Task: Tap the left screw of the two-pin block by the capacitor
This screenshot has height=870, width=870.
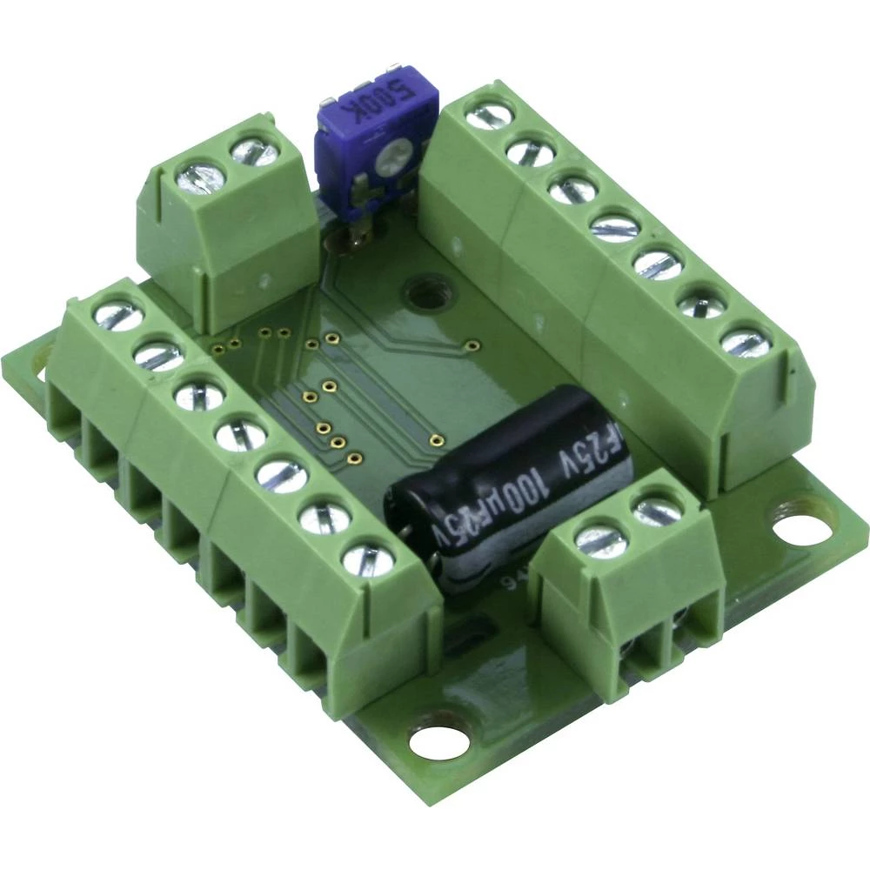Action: click(x=601, y=540)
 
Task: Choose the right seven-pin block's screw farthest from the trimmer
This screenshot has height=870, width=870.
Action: click(x=745, y=340)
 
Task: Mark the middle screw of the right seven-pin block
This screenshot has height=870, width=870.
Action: click(x=614, y=224)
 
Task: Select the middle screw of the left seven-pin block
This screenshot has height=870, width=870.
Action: click(x=240, y=432)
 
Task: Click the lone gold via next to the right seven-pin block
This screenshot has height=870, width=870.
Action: click(x=471, y=343)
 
